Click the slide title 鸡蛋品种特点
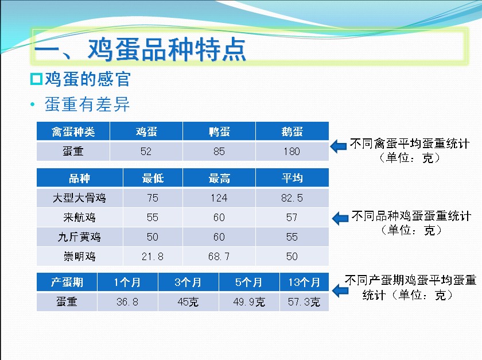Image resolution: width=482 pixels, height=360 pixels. click(167, 49)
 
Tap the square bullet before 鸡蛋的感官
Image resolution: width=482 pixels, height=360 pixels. click(36, 79)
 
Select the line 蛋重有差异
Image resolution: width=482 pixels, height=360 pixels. click(87, 104)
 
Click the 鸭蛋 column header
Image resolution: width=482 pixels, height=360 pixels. click(219, 131)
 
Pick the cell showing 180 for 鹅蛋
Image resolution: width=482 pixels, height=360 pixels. click(292, 151)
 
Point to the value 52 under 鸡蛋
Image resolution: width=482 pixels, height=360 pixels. click(146, 151)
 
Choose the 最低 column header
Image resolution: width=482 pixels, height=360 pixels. click(153, 178)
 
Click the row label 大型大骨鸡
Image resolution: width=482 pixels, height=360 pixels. click(79, 198)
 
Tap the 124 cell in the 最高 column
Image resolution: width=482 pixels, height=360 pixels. click(219, 198)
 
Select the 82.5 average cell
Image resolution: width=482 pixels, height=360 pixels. click(292, 198)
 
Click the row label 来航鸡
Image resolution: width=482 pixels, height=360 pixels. click(79, 217)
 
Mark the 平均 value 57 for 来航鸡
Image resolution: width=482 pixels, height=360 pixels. click(292, 217)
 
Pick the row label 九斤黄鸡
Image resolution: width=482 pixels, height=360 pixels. click(79, 237)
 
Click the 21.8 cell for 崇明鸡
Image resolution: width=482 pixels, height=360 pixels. click(153, 256)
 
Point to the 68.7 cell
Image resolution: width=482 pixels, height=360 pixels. click(219, 256)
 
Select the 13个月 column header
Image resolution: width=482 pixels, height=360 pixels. click(304, 282)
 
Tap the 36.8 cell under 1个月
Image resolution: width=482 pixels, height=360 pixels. click(127, 301)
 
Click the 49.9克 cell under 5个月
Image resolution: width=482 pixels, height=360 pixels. click(249, 301)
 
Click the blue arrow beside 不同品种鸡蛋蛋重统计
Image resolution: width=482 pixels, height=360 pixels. click(340, 218)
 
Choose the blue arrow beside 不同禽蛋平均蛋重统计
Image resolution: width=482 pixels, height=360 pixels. click(339, 146)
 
